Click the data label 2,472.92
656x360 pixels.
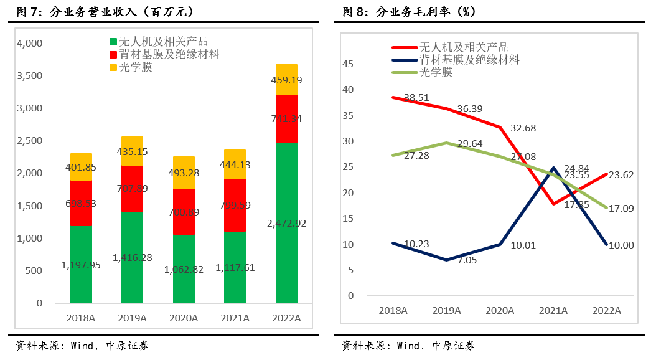286,223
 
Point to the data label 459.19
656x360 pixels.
286,80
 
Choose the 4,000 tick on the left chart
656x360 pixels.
29,44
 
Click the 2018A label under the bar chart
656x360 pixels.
80,318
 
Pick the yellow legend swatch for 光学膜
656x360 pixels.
113,67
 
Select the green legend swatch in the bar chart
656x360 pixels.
113,42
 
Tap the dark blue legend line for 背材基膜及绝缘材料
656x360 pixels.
404,60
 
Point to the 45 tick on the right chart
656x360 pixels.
347,64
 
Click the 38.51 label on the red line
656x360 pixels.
417,98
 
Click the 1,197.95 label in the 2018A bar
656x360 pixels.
81,265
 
